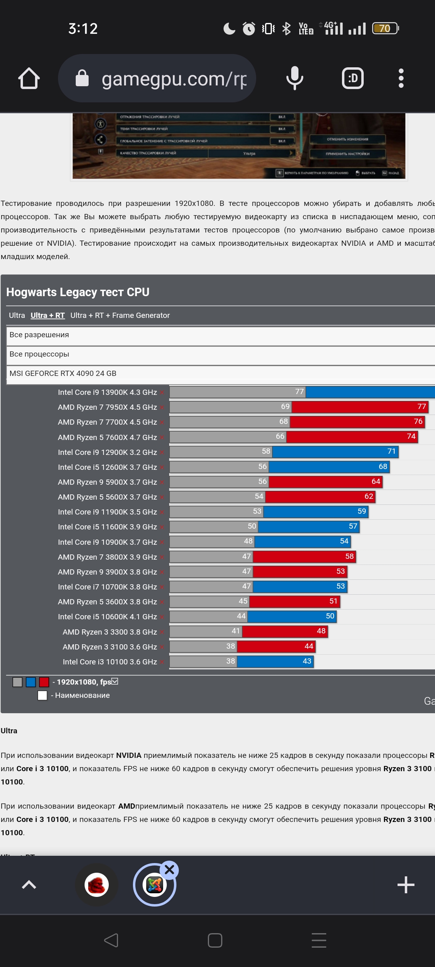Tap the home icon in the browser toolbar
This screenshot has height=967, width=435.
click(29, 78)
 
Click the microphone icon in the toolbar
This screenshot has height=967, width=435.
click(295, 78)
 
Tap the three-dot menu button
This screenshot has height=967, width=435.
click(401, 78)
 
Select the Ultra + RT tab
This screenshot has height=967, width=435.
click(48, 315)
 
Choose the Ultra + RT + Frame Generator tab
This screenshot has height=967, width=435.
click(120, 315)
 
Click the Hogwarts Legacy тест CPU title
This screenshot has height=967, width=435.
click(78, 292)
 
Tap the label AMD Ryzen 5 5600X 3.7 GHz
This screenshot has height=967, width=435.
click(107, 497)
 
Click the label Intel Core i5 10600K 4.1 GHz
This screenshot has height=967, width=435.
click(107, 617)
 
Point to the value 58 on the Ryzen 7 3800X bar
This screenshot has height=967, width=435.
click(349, 556)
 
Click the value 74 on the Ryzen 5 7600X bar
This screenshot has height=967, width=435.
click(411, 436)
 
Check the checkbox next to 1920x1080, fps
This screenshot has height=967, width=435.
click(115, 681)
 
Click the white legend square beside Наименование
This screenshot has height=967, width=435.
click(42, 695)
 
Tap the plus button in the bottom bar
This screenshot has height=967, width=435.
click(406, 885)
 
